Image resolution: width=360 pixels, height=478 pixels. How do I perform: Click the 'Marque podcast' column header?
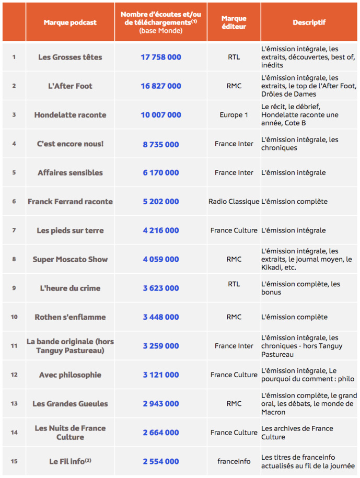pyautogui.click(x=70, y=22)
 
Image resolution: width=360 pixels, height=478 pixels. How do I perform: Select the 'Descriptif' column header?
pyautogui.click(x=309, y=22)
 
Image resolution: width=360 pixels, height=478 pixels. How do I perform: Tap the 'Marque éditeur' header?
pyautogui.click(x=234, y=22)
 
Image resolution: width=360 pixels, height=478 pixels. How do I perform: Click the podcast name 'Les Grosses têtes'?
pyautogui.click(x=70, y=57)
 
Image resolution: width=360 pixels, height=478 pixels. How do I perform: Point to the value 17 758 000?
pyautogui.click(x=160, y=57)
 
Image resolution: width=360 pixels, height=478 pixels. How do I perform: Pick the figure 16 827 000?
pyautogui.click(x=160, y=86)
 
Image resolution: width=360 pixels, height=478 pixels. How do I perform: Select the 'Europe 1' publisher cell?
pyautogui.click(x=234, y=115)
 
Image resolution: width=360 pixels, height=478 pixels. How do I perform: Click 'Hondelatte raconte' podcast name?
pyautogui.click(x=70, y=115)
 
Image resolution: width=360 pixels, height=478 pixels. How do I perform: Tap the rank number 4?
pyautogui.click(x=14, y=144)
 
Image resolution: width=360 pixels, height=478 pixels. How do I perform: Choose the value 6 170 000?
pyautogui.click(x=160, y=172)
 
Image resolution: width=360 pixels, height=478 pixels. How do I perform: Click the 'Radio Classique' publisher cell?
pyautogui.click(x=234, y=202)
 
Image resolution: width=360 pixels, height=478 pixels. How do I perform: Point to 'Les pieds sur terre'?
pyautogui.click(x=70, y=230)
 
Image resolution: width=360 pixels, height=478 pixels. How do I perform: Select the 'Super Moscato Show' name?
pyautogui.click(x=70, y=259)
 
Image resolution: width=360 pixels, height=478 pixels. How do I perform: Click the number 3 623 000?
pyautogui.click(x=160, y=288)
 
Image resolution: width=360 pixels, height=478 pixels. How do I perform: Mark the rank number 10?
pyautogui.click(x=14, y=317)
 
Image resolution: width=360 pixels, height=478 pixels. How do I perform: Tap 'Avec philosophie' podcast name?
pyautogui.click(x=70, y=375)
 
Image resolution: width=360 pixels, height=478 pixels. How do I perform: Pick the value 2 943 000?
pyautogui.click(x=160, y=403)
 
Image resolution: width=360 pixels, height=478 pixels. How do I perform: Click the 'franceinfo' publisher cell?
pyautogui.click(x=234, y=461)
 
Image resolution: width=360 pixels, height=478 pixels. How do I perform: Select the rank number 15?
pyautogui.click(x=14, y=461)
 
